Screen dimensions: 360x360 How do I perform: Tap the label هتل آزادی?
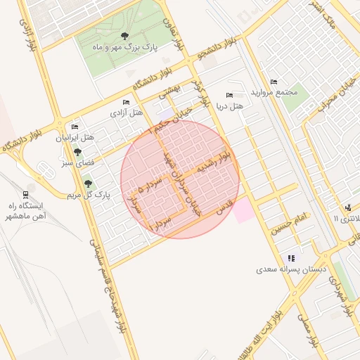pyautogui.click(x=127, y=112)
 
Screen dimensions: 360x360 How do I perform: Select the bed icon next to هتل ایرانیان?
pyautogui.click(x=75, y=127)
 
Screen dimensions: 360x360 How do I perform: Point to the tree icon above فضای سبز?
pyautogui.click(x=78, y=152)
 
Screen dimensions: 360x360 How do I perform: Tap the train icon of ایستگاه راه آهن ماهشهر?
pyautogui.click(x=26, y=193)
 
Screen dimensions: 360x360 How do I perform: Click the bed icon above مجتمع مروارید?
pyautogui.click(x=274, y=82)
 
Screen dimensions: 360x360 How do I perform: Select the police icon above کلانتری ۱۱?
pyautogui.click(x=348, y=207)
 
